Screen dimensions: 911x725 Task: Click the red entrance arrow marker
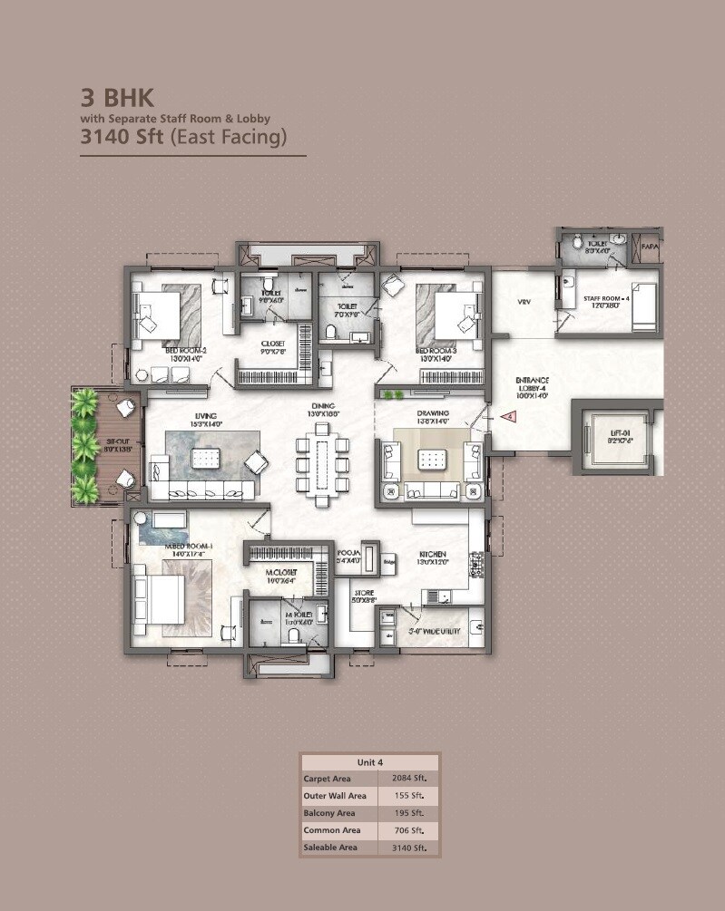(509, 417)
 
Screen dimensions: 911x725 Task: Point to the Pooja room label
(348, 556)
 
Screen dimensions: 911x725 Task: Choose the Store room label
(364, 596)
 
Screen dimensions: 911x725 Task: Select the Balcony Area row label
(328, 813)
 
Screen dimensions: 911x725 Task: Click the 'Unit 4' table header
(369, 761)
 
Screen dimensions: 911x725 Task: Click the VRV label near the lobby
(524, 302)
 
